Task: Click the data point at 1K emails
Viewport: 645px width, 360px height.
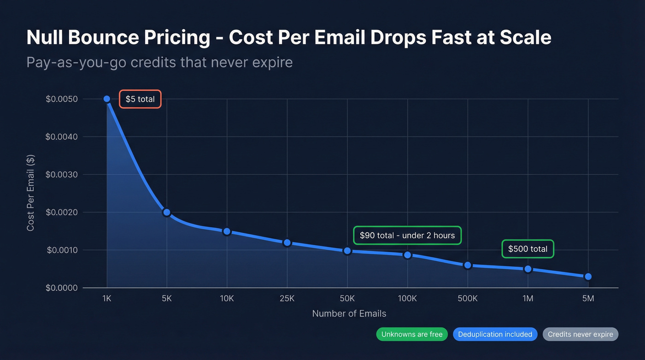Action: tap(107, 99)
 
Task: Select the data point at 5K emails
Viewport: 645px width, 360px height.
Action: tap(167, 212)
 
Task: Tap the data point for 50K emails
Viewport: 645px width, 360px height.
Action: tap(347, 251)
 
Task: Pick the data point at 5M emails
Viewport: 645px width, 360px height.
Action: tap(588, 277)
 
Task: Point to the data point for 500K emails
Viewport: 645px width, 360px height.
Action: tap(468, 265)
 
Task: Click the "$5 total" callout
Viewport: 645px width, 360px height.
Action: tap(140, 99)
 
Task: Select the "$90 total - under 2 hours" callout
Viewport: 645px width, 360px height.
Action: tap(407, 236)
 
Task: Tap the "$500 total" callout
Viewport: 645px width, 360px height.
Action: tap(528, 249)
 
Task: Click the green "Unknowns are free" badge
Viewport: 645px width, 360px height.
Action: tap(412, 334)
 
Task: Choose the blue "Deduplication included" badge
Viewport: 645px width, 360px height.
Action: tap(495, 334)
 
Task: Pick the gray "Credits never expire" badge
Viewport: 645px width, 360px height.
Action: tap(580, 334)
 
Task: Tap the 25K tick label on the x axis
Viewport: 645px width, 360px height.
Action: tap(287, 298)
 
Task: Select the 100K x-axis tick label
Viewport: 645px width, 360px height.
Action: tap(407, 298)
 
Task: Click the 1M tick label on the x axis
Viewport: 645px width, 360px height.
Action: tap(528, 298)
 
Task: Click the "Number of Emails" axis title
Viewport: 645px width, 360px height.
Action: tap(349, 313)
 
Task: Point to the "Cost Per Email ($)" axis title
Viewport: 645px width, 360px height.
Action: tap(31, 193)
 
